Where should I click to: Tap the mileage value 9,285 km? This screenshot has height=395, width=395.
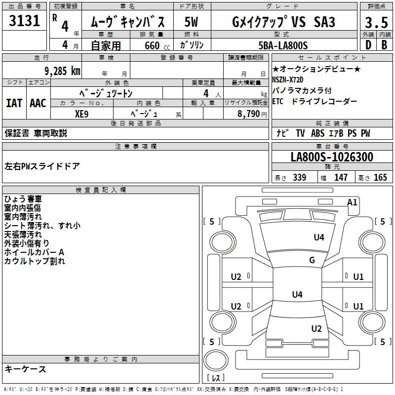tap(61, 71)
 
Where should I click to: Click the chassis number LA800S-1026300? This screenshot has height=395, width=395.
tap(332, 157)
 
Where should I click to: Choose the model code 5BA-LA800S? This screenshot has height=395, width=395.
tap(283, 45)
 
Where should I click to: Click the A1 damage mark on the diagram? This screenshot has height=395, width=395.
tap(352, 202)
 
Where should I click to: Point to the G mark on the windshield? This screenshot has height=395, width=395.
tap(312, 260)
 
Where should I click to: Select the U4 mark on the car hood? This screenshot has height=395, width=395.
tap(319, 237)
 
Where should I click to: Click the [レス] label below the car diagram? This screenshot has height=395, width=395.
tap(216, 379)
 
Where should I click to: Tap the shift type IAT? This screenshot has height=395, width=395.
tap(14, 103)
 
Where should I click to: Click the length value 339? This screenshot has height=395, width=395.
tap(299, 177)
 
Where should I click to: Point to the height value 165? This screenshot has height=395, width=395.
tap(380, 177)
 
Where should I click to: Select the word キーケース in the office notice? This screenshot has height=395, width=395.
tap(25, 369)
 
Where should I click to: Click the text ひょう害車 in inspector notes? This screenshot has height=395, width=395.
tap(23, 199)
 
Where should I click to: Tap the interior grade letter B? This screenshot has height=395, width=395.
tap(384, 45)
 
